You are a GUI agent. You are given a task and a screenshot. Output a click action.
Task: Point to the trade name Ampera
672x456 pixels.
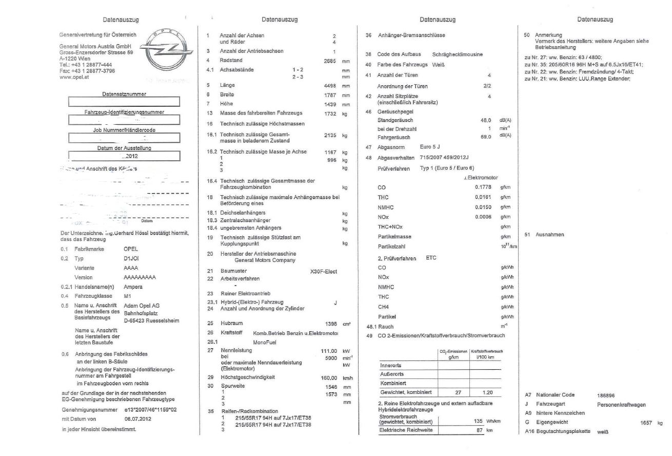click(133, 287)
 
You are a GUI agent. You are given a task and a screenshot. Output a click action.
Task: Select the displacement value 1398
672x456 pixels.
click(327, 324)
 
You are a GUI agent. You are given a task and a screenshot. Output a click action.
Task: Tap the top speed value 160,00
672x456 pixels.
click(324, 377)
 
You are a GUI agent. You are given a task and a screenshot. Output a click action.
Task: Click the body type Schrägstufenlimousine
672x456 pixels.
click(458, 54)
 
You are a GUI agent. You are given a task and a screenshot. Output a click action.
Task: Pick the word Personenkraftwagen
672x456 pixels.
click(622, 404)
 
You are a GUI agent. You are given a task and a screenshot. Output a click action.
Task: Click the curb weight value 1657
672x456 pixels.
click(647, 422)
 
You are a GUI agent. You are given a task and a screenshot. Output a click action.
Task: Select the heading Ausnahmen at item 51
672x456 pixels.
click(550, 234)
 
